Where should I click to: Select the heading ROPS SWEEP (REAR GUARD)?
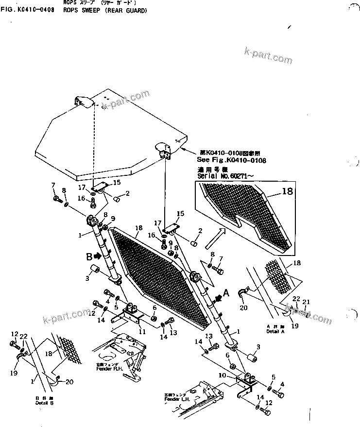(104, 10)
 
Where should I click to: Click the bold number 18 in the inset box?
(287, 192)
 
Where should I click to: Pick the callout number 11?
(142, 332)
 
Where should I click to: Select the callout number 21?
(306, 303)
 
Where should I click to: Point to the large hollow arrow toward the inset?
(214, 238)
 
